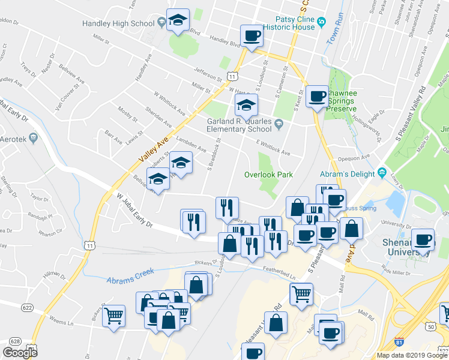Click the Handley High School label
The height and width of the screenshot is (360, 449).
coord(118,24)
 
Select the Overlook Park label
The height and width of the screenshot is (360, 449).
coord(268,175)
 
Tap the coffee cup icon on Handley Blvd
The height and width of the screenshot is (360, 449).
coord(252,35)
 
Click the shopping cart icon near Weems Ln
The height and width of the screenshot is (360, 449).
coord(113,316)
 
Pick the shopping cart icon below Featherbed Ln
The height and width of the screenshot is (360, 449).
coord(301,293)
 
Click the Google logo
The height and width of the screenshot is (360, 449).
coord(20,353)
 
